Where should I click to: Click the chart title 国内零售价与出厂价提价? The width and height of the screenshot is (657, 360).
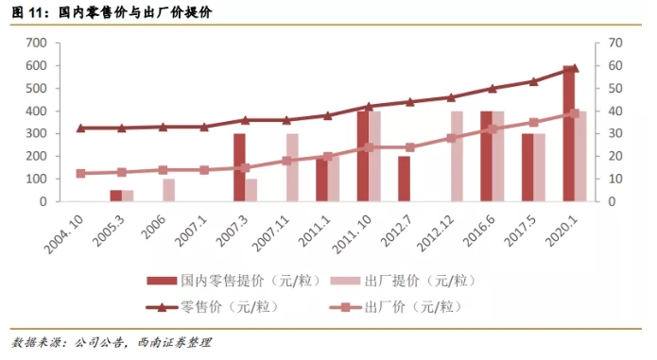click(x=135, y=12)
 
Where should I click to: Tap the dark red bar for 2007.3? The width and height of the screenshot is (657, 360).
click(x=239, y=167)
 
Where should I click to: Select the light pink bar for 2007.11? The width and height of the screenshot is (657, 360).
click(x=292, y=167)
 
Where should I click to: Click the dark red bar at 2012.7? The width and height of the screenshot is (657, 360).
click(x=404, y=179)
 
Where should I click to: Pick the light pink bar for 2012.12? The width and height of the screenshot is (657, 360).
click(x=458, y=156)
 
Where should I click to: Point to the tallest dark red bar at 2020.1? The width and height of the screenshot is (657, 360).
click(x=569, y=133)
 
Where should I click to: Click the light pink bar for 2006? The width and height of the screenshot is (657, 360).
click(x=169, y=190)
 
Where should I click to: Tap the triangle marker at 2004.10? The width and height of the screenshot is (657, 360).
click(x=81, y=129)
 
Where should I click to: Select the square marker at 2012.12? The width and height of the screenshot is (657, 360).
click(x=451, y=138)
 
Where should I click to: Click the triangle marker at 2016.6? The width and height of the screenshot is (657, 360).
click(x=493, y=88)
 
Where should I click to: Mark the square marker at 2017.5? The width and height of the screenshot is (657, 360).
click(x=534, y=122)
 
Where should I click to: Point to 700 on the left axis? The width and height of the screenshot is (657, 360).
click(x=36, y=43)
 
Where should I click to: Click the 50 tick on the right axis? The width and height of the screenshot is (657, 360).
click(x=615, y=88)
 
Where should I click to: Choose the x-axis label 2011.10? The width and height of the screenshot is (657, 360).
click(x=352, y=234)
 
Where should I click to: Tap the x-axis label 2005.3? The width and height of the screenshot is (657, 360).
click(x=109, y=231)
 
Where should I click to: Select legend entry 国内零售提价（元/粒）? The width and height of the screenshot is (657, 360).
click(x=233, y=281)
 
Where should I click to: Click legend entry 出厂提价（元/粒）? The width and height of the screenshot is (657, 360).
click(x=404, y=281)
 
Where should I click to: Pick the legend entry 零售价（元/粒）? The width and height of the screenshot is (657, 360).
click(x=213, y=307)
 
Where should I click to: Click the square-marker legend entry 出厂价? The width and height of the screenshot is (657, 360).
click(x=396, y=307)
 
